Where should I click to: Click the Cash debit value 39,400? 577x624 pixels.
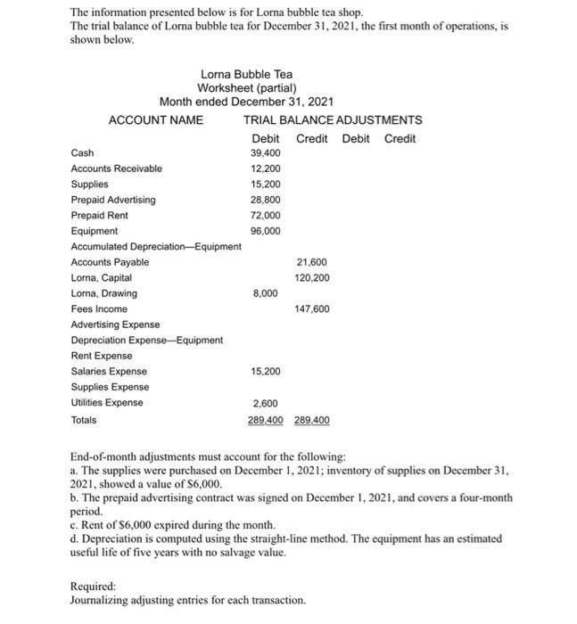tap(266, 152)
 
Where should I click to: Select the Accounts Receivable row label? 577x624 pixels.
tap(116, 168)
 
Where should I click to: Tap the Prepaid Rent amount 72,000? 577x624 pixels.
tap(266, 215)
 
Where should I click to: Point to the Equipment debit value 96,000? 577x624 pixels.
tap(266, 230)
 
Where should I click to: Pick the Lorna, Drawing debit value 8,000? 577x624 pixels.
tap(266, 292)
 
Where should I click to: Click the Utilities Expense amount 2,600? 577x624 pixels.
tap(266, 403)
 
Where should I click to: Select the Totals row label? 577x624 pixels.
tap(84, 419)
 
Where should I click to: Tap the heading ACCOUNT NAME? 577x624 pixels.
tap(155, 119)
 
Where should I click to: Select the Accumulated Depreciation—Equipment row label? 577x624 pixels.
tap(155, 246)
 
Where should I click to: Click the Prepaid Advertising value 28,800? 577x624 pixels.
tap(266, 200)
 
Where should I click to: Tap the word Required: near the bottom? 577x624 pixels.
tap(93, 587)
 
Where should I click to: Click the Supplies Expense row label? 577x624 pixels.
tap(110, 387)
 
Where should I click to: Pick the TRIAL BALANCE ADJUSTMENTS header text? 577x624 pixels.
tap(333, 119)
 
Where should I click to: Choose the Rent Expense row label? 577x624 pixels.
tap(102, 356)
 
